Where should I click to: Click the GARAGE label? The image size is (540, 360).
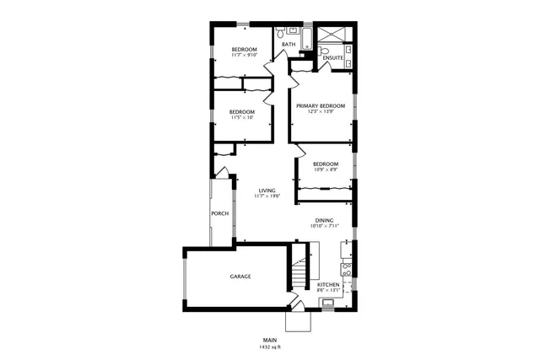[240, 277]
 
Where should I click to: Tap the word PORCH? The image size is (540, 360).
[219, 213]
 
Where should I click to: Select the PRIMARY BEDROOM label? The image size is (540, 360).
[321, 105]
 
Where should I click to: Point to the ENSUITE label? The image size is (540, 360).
[332, 58]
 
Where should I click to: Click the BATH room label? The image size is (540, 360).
[289, 44]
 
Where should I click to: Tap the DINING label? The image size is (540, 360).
[325, 221]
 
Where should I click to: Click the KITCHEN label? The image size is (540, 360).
[328, 285]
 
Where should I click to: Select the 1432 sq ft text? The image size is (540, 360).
[270, 347]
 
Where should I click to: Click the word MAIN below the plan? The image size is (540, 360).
[270, 340]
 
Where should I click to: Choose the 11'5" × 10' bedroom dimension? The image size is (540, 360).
[241, 117]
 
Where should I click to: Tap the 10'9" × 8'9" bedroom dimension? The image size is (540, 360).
[325, 170]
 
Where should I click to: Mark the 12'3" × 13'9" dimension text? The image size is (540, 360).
[321, 111]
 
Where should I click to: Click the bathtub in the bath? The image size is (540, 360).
[306, 38]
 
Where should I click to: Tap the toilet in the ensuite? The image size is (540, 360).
[324, 51]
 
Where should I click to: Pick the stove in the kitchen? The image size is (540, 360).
[345, 269]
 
